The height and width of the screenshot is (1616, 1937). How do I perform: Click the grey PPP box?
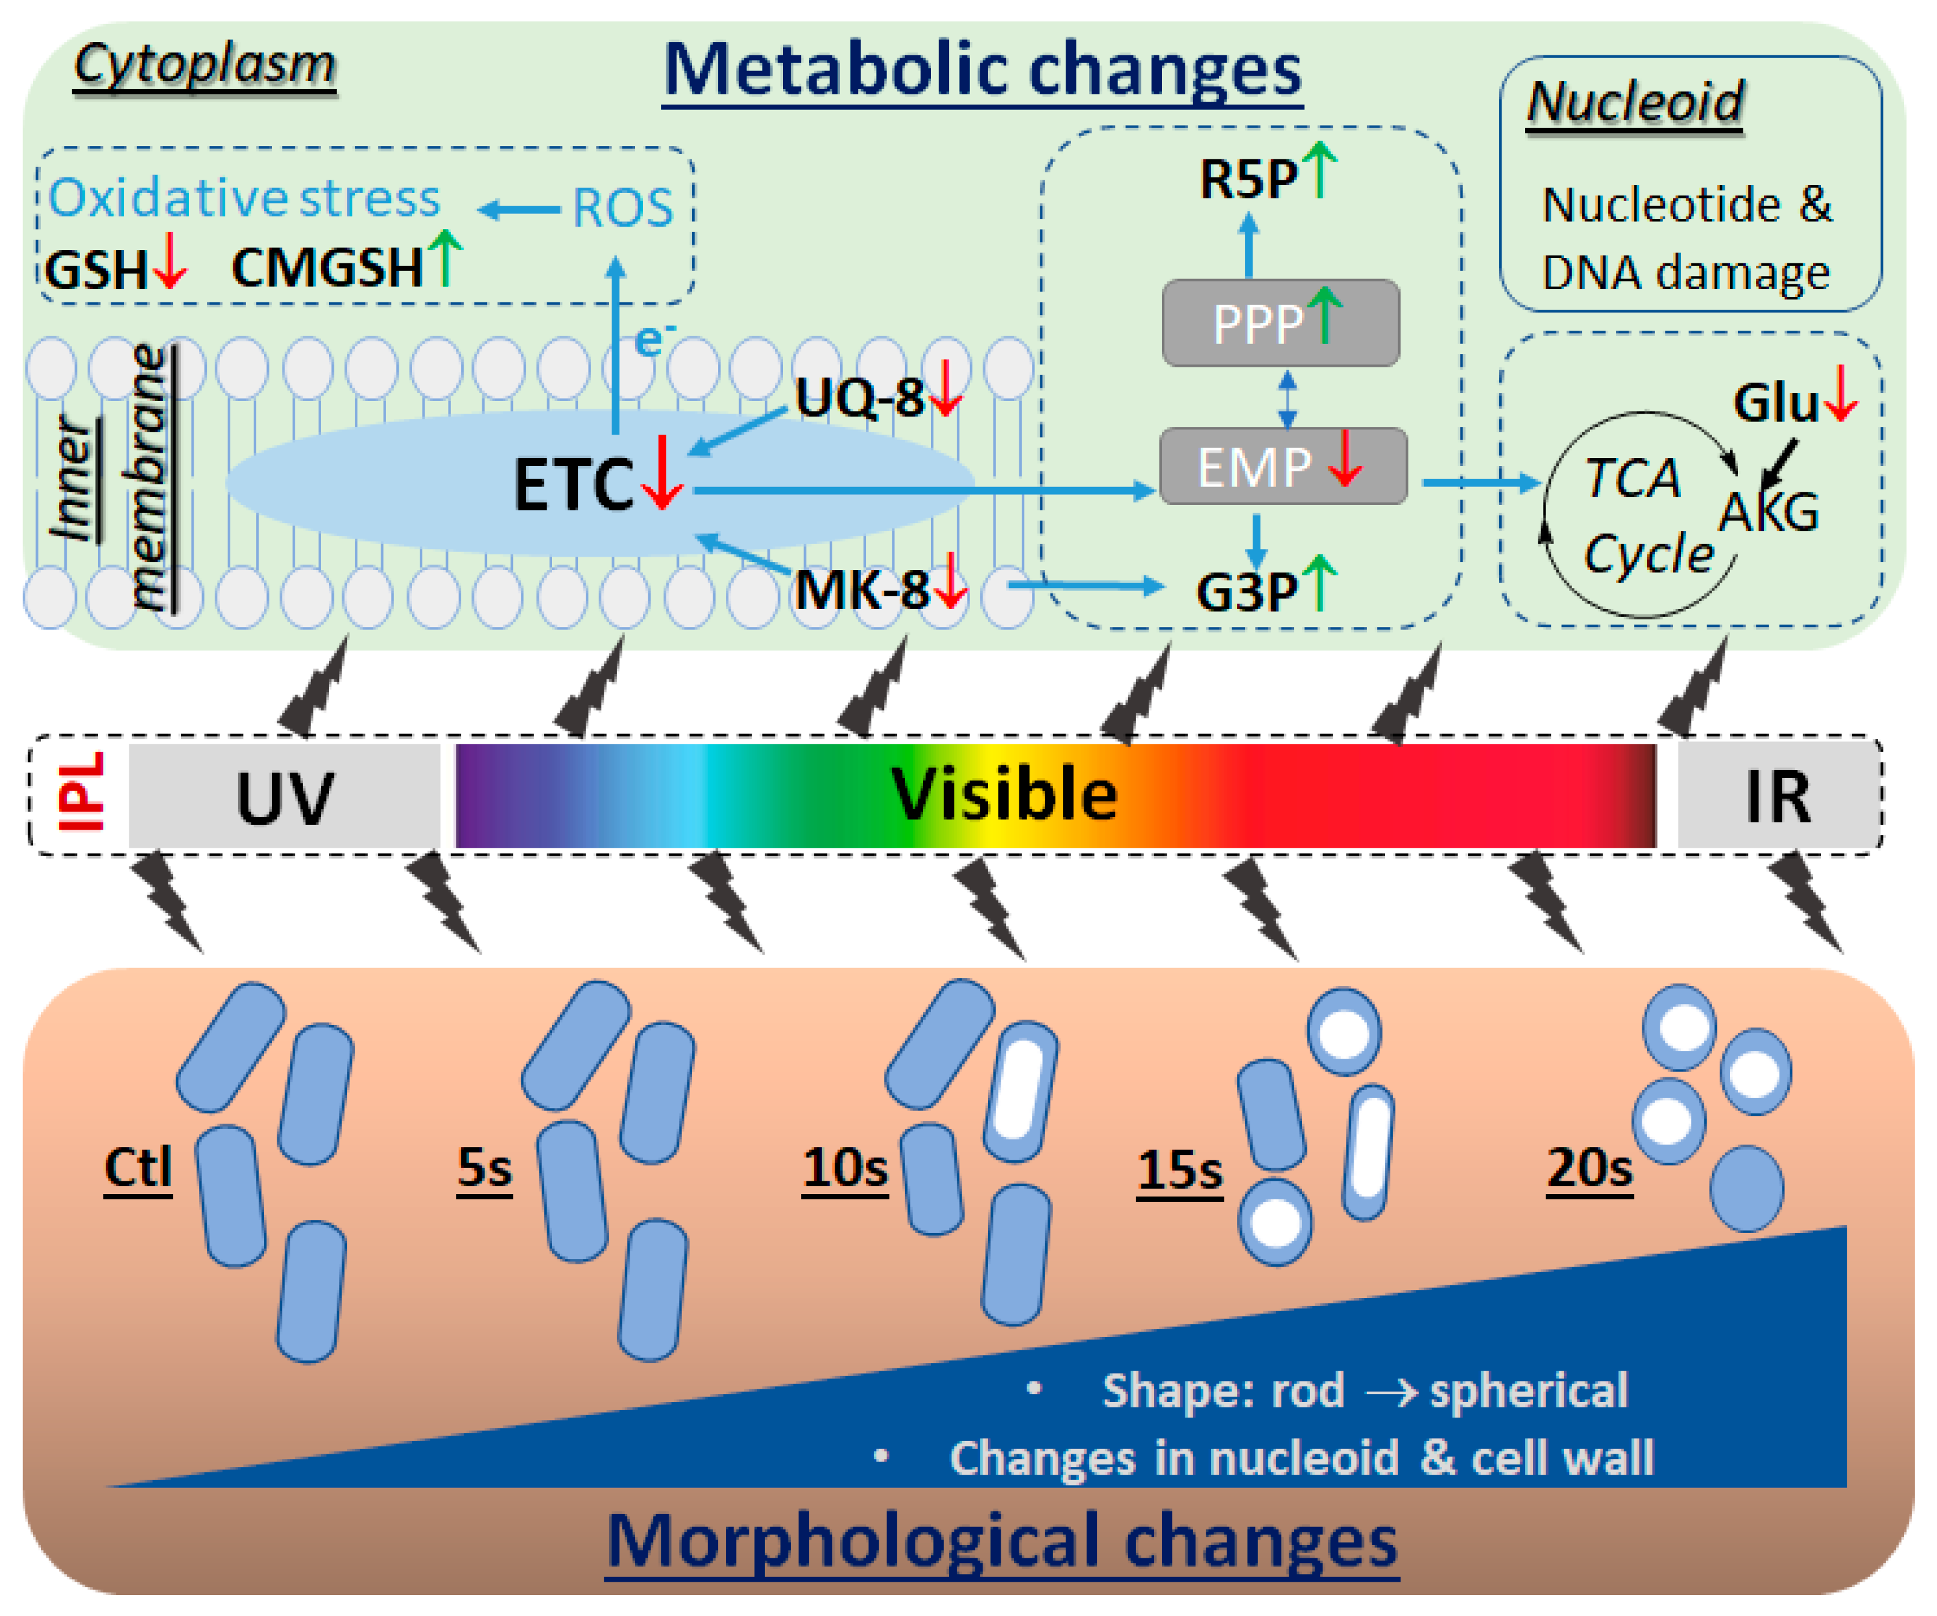1280,323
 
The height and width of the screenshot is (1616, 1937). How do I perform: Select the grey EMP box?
1282,467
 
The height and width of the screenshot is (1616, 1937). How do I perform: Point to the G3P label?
1247,591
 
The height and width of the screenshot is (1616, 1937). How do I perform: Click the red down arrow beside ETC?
662,473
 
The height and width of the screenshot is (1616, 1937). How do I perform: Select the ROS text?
622,207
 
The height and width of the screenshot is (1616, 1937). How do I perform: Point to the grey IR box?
1778,796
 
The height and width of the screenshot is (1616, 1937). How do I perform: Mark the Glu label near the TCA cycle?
1776,403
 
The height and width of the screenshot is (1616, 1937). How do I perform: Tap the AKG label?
1768,512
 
